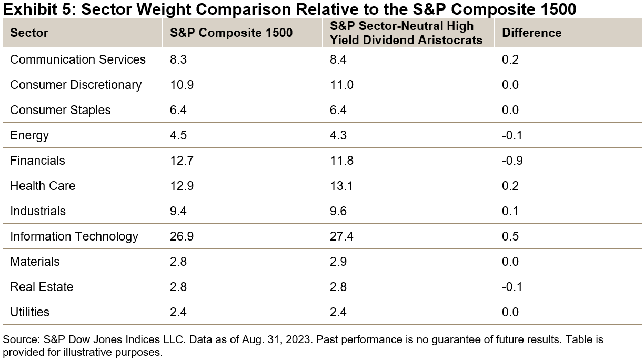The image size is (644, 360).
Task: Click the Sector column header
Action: tap(29, 33)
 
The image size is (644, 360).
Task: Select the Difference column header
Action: tap(531, 33)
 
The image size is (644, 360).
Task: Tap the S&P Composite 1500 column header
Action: tap(231, 33)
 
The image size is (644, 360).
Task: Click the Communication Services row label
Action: tap(78, 59)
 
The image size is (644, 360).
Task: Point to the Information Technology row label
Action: tap(74, 236)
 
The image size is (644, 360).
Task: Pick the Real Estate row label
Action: tap(42, 287)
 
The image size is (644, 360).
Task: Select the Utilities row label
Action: tap(29, 312)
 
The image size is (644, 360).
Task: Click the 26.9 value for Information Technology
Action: tap(182, 236)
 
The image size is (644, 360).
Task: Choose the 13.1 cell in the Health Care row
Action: tap(341, 186)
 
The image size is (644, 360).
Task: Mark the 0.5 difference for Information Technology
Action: tap(510, 236)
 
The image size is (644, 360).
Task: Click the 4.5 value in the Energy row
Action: tap(178, 135)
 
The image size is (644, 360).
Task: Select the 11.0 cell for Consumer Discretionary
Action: tap(341, 85)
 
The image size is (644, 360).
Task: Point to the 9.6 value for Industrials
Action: tap(338, 211)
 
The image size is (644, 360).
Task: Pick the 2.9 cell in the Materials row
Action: tap(338, 262)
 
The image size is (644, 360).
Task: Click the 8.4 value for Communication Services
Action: tap(338, 59)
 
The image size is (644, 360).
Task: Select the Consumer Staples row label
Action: tap(61, 110)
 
